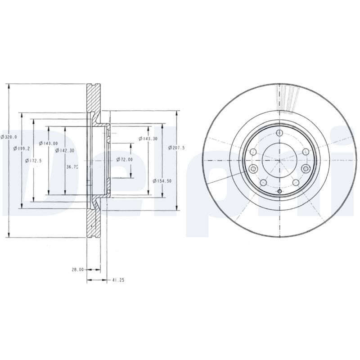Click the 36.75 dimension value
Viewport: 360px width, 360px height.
tap(72, 166)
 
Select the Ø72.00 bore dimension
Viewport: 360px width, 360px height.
tap(125, 159)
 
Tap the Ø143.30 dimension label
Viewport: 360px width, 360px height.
tap(148, 139)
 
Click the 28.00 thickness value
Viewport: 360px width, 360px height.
tap(77, 269)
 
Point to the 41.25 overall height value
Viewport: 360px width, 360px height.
tap(118, 280)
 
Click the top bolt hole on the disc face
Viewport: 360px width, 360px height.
tap(279, 133)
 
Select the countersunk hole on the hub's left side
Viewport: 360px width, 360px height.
tap(252, 169)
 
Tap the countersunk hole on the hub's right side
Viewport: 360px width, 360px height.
tap(306, 169)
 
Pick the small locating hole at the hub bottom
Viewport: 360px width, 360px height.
tap(279, 193)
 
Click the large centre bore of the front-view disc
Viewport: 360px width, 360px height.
tap(279, 160)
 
